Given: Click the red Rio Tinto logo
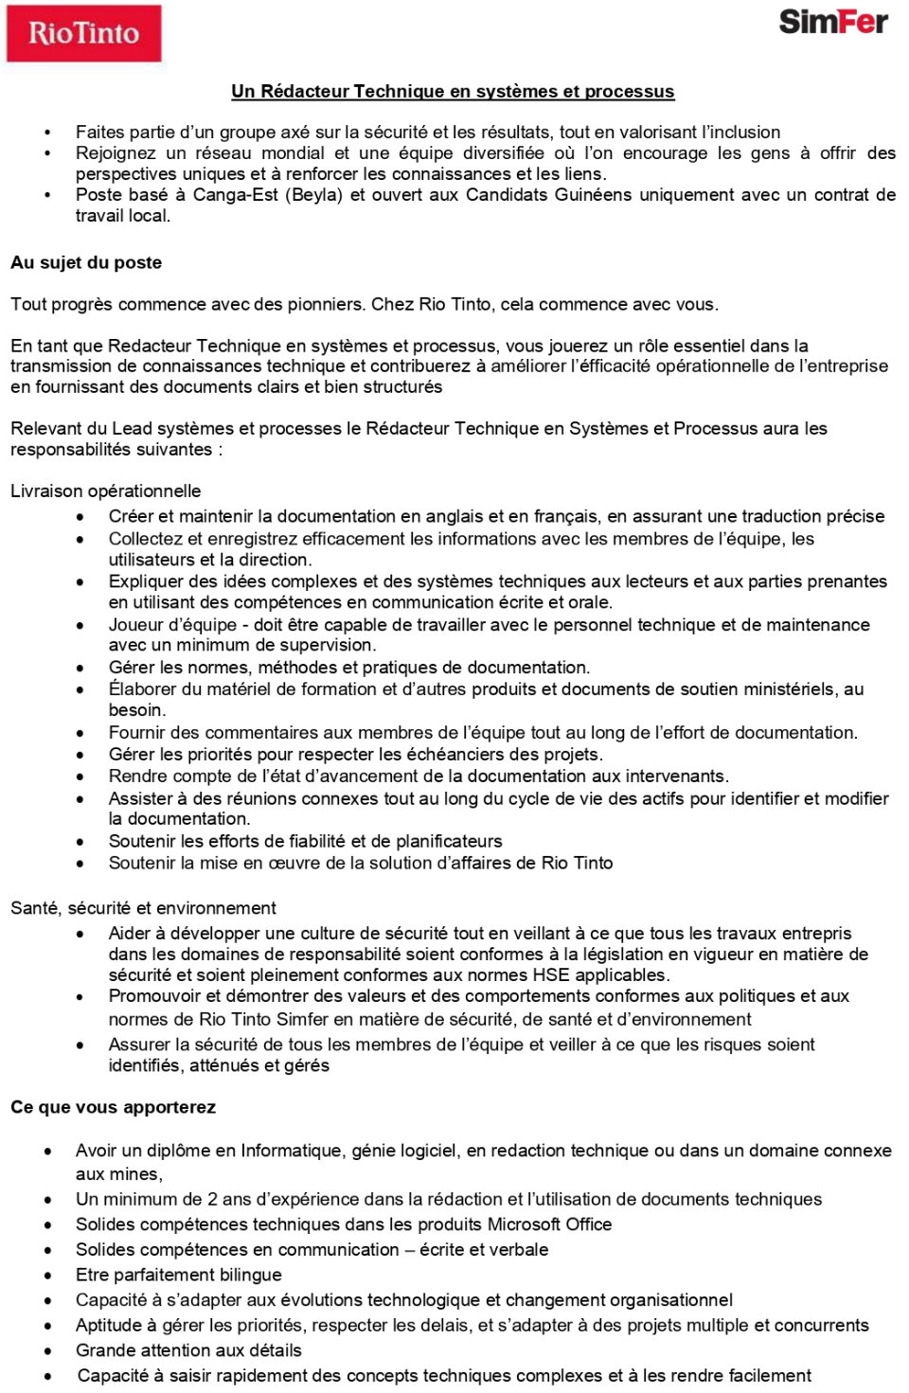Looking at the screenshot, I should (x=83, y=33).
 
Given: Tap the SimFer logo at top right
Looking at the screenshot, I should (x=832, y=22).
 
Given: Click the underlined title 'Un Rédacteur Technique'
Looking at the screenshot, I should (x=453, y=92).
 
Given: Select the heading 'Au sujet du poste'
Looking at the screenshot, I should (x=86, y=262).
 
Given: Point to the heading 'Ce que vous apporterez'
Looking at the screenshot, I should (x=113, y=1107).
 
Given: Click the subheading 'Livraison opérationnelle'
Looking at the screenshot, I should (x=105, y=491).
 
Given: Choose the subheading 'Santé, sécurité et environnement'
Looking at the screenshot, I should (x=143, y=907).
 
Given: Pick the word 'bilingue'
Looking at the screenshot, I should (x=247, y=1275).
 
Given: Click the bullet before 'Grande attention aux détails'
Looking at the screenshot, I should (x=48, y=1350).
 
